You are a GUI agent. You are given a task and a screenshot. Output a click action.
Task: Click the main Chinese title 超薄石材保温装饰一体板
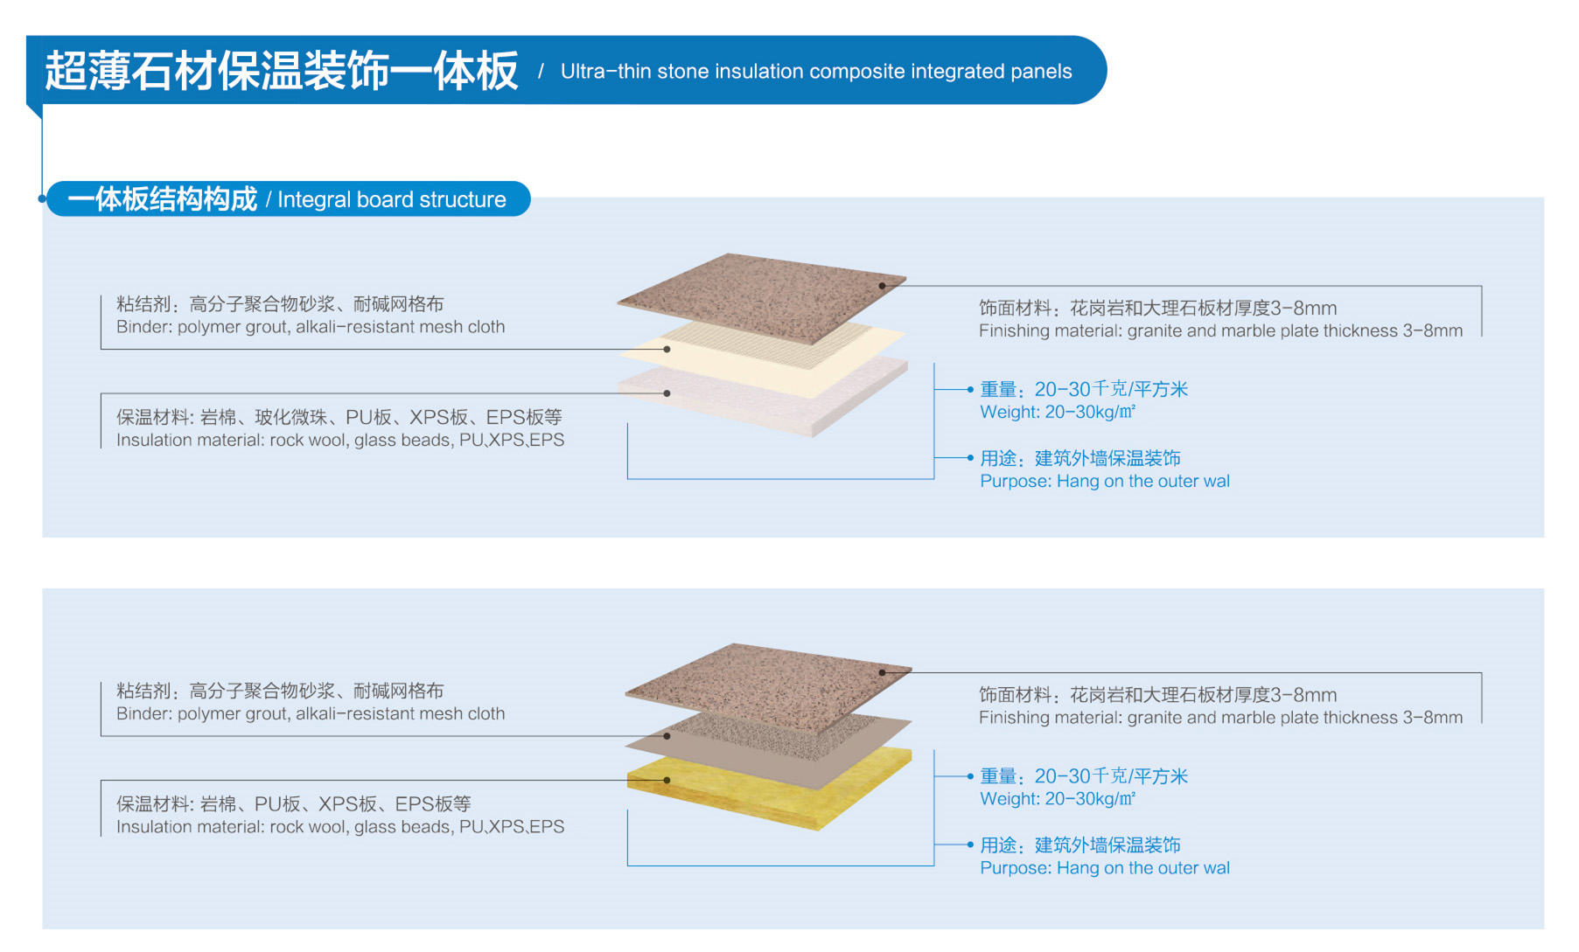(281, 72)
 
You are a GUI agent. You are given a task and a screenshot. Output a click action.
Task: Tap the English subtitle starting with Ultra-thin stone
(815, 72)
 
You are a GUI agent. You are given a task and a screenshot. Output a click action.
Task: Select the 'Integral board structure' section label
(391, 200)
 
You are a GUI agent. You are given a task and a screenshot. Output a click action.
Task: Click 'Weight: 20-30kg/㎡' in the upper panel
(1057, 413)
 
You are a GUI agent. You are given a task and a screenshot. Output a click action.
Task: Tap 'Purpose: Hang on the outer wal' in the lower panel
(1104, 868)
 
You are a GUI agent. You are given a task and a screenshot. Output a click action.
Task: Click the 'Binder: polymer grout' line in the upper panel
(311, 327)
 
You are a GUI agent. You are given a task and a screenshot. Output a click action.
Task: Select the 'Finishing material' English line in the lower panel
(1220, 718)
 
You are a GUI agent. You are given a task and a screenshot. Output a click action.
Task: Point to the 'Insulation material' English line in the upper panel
(340, 441)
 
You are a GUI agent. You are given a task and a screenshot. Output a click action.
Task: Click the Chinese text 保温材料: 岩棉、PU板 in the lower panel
(294, 803)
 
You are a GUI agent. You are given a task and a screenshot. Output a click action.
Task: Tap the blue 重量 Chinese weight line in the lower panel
(1083, 776)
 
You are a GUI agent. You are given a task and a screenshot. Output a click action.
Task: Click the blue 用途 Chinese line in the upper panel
(1079, 458)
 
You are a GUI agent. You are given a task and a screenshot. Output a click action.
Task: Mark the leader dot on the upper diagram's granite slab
(882, 286)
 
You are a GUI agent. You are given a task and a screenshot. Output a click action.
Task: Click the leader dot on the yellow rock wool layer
(667, 780)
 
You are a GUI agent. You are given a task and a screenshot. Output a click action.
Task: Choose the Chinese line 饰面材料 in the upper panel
(1157, 308)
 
